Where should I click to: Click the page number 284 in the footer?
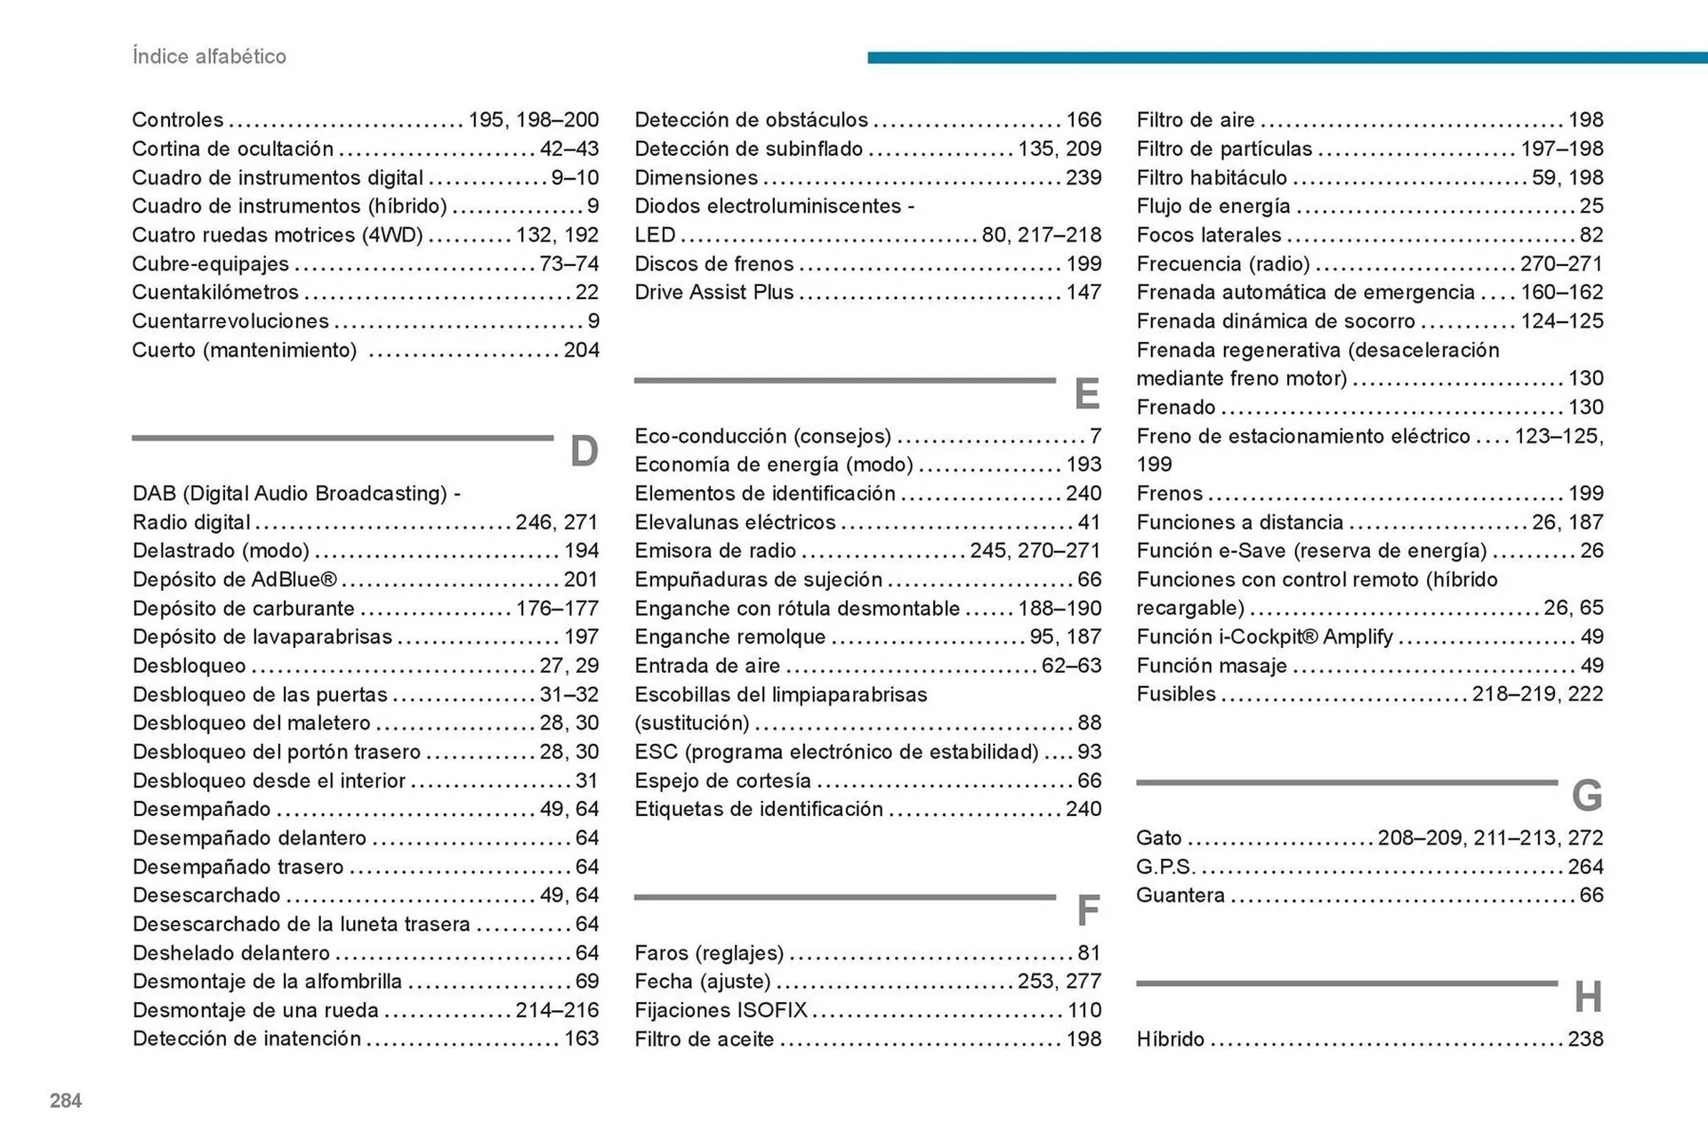pos(66,1101)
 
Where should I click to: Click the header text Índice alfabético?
pos(209,56)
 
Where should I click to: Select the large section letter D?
pos(584,451)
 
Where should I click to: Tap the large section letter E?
pos(1086,393)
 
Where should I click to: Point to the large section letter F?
pos(1087,910)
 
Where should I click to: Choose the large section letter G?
pos(1587,795)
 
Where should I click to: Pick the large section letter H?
pos(1588,997)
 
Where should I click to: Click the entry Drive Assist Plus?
pos(713,292)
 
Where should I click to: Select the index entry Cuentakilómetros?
pos(215,292)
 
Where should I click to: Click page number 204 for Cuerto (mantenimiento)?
pos(581,350)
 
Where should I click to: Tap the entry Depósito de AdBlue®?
pos(235,579)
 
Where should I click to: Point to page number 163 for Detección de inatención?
pos(581,1039)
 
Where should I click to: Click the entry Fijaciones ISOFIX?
pos(721,1010)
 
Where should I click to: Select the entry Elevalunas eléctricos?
pos(735,522)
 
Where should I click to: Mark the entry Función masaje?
pos(1212,666)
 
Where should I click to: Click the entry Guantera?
pos(1180,895)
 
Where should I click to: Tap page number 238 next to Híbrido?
pos(1585,1039)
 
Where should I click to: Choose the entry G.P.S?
pos(1165,867)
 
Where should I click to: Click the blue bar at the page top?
pos(1286,58)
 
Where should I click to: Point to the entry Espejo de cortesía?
pos(722,780)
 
